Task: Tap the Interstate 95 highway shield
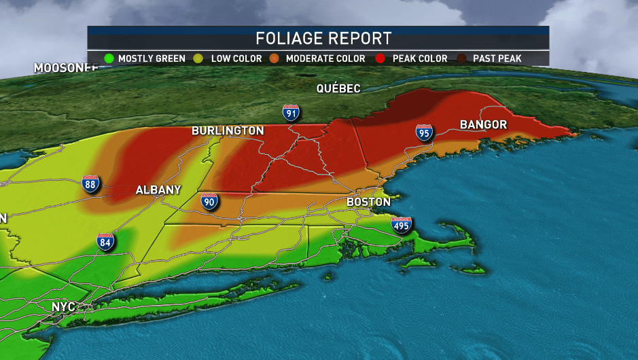click(x=425, y=133)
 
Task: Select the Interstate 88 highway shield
click(x=90, y=183)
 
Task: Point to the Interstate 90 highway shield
click(x=210, y=201)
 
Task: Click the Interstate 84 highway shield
click(x=105, y=242)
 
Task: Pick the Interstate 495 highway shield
click(x=401, y=226)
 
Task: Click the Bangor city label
click(x=483, y=125)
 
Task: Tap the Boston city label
click(x=368, y=202)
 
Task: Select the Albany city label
click(x=158, y=190)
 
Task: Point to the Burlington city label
click(x=228, y=130)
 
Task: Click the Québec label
click(x=338, y=89)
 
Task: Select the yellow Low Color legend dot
click(x=201, y=58)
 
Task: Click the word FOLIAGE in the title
click(x=288, y=37)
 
